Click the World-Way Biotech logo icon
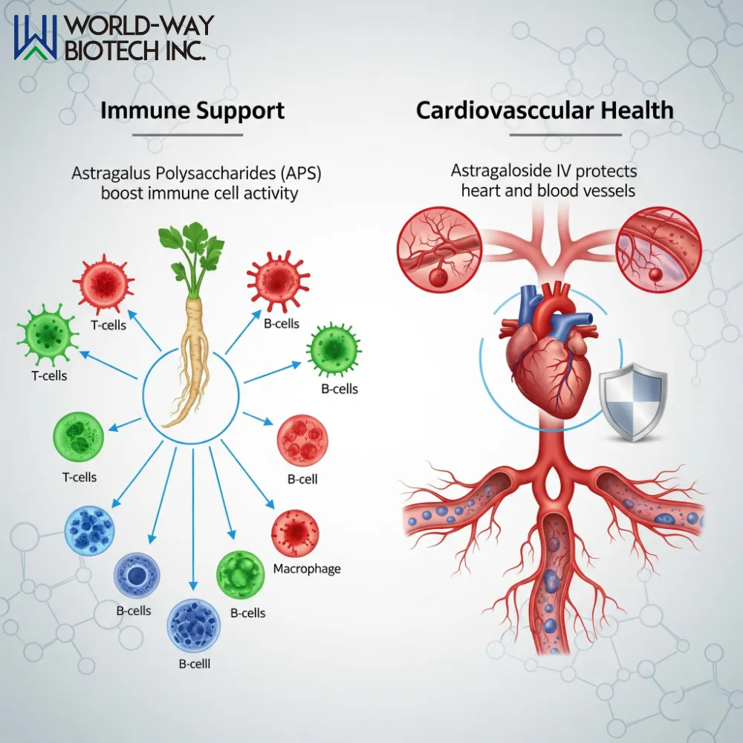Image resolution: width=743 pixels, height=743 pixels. pyautogui.click(x=36, y=37)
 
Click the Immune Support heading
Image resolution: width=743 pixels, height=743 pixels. pyautogui.click(x=192, y=111)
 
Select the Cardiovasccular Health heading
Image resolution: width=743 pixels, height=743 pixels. pyautogui.click(x=545, y=111)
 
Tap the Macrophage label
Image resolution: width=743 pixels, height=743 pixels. pyautogui.click(x=307, y=569)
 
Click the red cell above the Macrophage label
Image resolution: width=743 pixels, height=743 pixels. pyautogui.click(x=296, y=533)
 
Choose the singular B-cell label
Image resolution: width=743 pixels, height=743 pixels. pyautogui.click(x=302, y=479)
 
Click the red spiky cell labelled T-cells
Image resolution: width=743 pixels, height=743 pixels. pyautogui.click(x=103, y=283)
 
